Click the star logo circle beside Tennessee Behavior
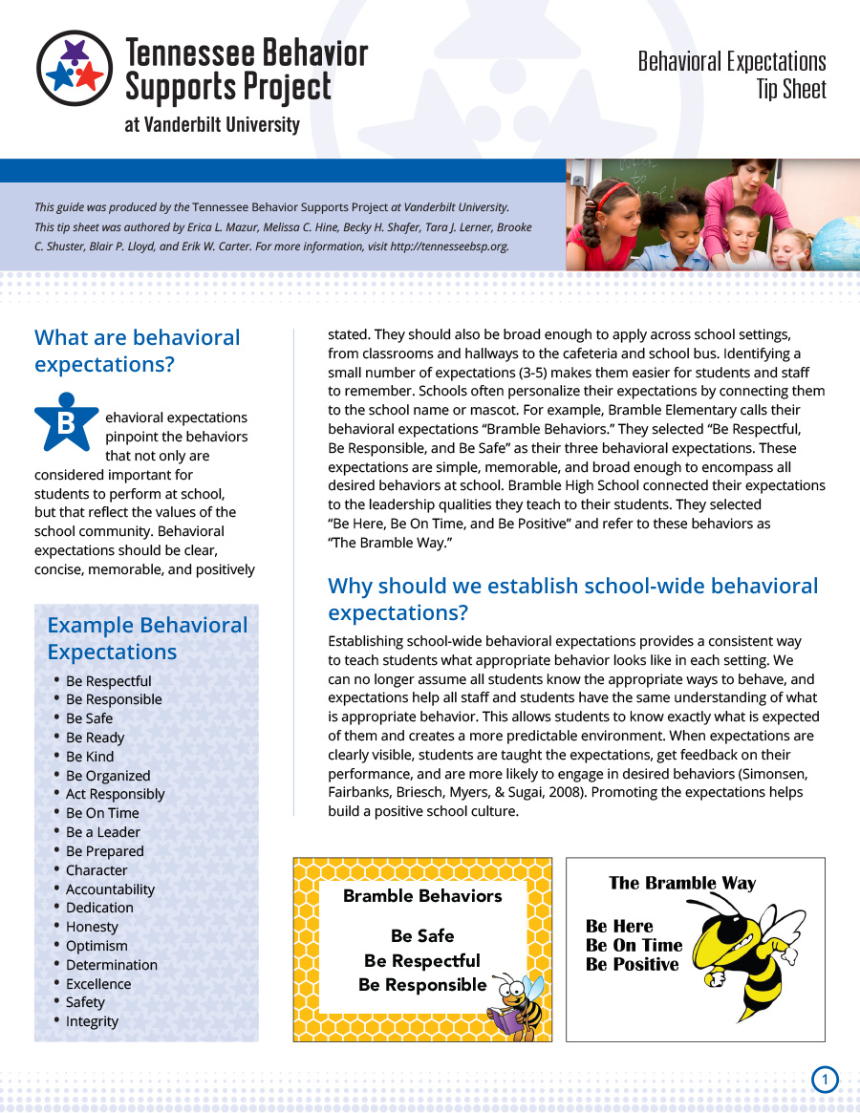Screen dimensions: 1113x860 75,68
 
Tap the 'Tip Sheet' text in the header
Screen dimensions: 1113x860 791,90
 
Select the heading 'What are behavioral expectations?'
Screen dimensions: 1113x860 137,351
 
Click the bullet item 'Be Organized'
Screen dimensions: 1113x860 108,776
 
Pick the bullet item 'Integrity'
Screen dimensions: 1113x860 92,1021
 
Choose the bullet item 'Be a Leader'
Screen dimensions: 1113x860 103,832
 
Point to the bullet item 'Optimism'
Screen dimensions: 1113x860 97,946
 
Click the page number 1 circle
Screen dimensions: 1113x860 825,1081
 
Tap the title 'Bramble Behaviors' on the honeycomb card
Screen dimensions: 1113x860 422,896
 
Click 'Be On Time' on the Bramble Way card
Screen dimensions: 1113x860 634,946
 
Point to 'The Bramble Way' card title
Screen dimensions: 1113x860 682,883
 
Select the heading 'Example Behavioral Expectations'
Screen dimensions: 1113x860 147,638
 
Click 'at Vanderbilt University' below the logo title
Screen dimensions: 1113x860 212,124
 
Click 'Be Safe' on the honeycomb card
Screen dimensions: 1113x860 422,936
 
